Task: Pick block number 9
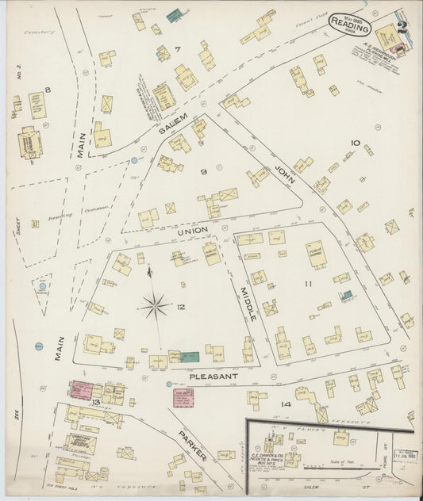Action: click(203, 171)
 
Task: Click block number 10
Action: click(355, 143)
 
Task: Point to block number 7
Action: click(178, 50)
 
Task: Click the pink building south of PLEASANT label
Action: click(183, 397)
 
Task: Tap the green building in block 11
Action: click(346, 295)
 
